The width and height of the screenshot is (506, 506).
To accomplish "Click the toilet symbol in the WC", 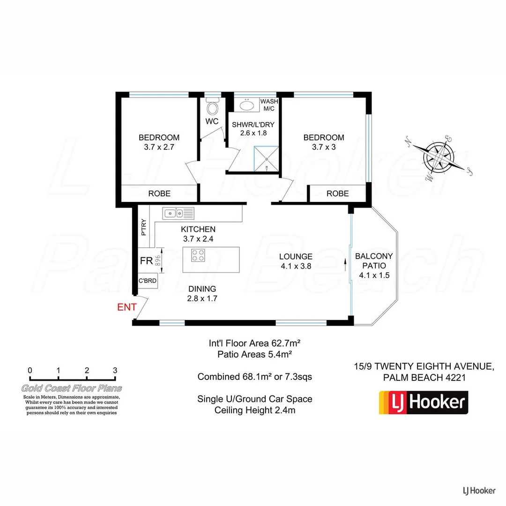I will [213, 109].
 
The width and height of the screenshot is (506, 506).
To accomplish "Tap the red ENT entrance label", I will [126, 307].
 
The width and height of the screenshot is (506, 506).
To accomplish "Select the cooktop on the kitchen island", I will [198, 255].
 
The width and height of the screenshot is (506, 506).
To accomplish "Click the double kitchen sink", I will [178, 214].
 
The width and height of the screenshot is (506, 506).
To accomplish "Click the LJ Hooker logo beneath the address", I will [424, 402].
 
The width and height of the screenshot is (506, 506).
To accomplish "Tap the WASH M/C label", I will [269, 105].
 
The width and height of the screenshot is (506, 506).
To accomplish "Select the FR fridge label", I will [146, 261].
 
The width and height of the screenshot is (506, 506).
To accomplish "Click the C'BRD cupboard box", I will [147, 281].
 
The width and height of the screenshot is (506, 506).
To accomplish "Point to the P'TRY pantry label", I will [144, 228].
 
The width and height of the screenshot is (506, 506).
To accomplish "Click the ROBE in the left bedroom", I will [159, 193].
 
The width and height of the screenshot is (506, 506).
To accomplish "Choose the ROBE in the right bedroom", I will [337, 193].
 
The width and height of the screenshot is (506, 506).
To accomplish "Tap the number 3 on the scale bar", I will [115, 370].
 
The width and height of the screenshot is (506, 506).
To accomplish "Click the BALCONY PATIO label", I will [374, 266].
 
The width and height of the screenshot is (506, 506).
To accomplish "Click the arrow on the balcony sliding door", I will [346, 266].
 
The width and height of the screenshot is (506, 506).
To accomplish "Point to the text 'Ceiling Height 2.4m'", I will [255, 410].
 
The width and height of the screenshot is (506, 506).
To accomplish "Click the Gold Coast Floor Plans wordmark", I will [72, 388].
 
